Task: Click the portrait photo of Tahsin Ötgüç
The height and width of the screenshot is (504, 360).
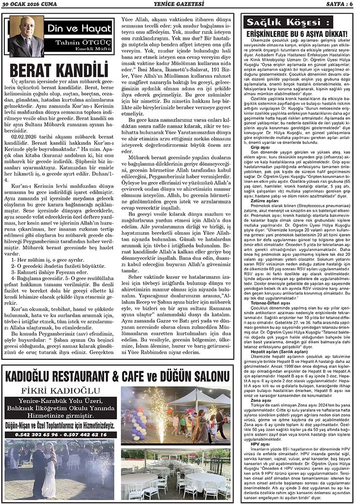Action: pyautogui.click(x=25, y=36)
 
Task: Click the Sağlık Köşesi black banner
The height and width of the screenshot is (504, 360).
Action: pyautogui.click(x=281, y=22)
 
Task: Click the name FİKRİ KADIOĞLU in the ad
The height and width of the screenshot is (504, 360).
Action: pyautogui.click(x=62, y=391)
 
